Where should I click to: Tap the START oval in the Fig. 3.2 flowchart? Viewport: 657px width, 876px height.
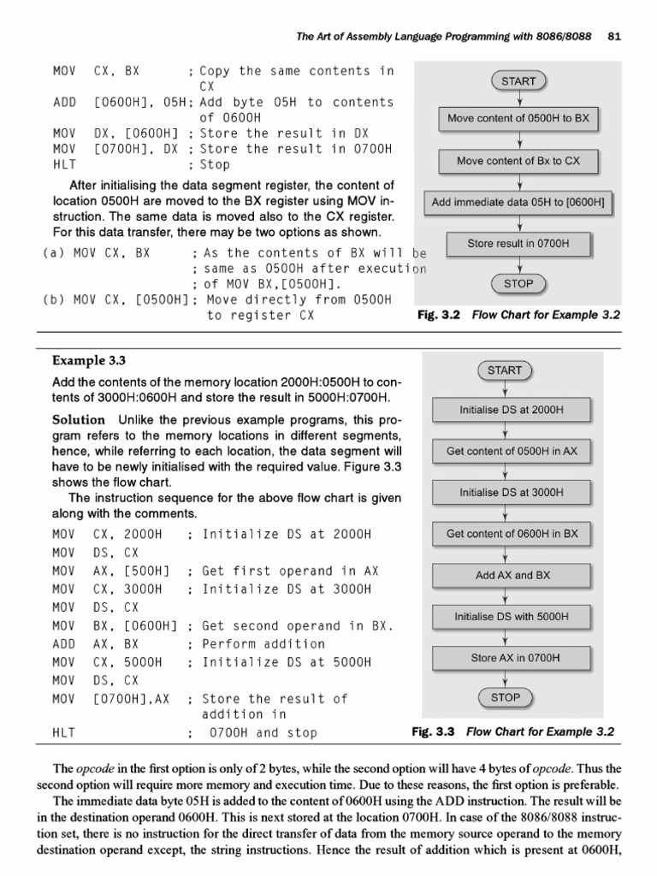[518, 81]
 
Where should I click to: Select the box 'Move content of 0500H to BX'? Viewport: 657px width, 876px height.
[518, 119]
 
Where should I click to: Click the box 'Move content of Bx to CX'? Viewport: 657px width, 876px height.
[518, 161]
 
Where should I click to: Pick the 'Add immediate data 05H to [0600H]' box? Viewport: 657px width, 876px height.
[518, 203]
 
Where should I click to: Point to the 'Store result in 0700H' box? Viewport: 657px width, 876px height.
[518, 244]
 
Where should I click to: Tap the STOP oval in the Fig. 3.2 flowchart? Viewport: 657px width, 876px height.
[518, 283]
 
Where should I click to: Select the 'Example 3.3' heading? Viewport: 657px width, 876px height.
[83, 360]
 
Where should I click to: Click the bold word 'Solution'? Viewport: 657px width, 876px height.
[79, 419]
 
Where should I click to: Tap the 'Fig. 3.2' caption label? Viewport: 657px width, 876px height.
[438, 315]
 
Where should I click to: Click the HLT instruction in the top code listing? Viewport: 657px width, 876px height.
[64, 164]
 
